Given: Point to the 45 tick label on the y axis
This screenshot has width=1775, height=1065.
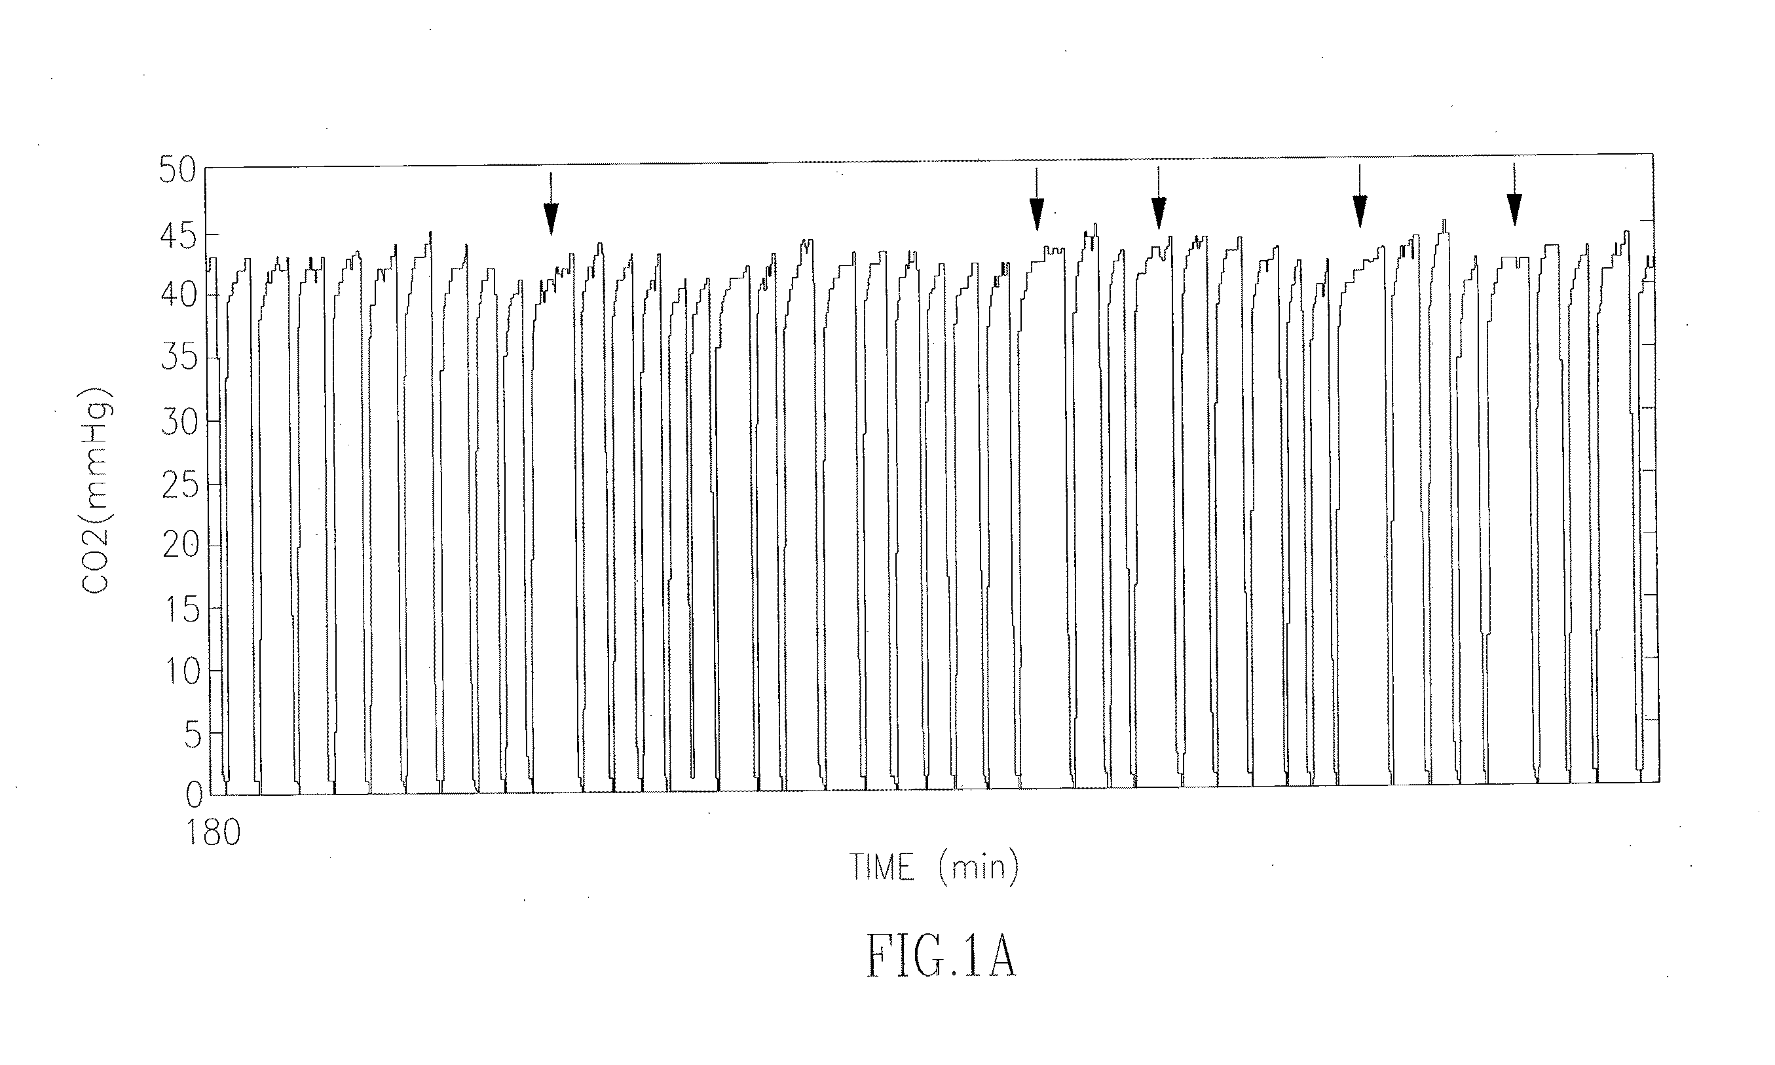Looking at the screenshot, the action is [177, 235].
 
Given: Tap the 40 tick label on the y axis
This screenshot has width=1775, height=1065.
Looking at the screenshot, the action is [177, 294].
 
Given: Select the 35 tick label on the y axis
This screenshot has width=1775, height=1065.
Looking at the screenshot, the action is [177, 357].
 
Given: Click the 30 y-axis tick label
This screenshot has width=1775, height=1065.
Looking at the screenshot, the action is [177, 422].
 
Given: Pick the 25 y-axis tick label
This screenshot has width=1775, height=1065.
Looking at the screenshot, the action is [177, 486].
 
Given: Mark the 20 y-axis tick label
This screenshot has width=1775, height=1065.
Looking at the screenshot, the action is [177, 546].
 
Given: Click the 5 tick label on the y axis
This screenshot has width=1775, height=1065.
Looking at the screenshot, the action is [193, 736].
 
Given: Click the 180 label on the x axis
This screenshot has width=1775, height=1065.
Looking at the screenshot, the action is [213, 833].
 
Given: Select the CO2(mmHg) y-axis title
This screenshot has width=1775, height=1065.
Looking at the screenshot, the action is [96, 492].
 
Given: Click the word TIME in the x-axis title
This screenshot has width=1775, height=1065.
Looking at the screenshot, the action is [882, 868].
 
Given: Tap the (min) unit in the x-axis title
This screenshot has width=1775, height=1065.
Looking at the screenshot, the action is [978, 868].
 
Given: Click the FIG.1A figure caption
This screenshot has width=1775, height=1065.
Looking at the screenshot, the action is [941, 957].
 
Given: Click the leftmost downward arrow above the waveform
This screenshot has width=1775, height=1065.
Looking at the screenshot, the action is [550, 204].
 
